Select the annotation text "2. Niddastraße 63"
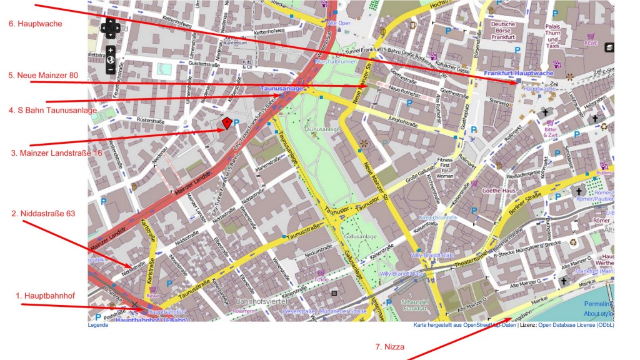point(43,213)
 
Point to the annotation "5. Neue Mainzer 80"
point(43,75)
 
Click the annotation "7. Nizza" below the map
point(389,347)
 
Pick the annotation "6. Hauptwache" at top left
point(35,24)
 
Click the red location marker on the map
point(227,123)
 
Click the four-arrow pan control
point(111,28)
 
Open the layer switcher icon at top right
point(609,47)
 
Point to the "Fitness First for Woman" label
point(444,168)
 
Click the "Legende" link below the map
point(97,325)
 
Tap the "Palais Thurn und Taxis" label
point(552,36)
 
